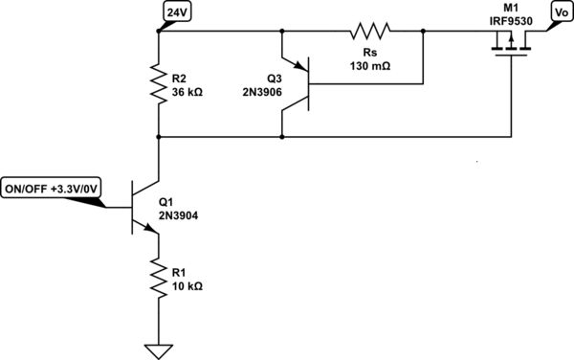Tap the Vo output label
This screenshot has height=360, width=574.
click(x=559, y=11)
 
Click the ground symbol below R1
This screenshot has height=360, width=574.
click(x=157, y=349)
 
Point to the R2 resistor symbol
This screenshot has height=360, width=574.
click(x=157, y=83)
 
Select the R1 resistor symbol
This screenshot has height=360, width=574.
click(x=157, y=279)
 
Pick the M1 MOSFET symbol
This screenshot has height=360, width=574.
click(x=509, y=45)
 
